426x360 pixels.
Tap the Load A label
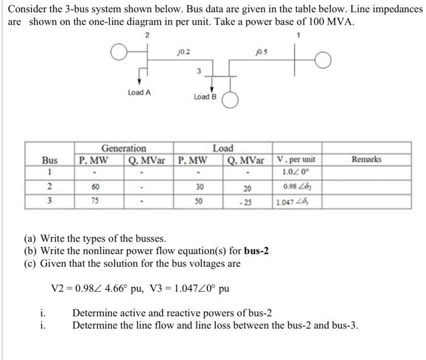(139, 92)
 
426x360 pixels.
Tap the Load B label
(204, 97)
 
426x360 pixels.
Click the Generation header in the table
(124, 148)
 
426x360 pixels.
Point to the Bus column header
(50, 160)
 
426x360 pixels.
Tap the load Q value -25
(248, 202)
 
